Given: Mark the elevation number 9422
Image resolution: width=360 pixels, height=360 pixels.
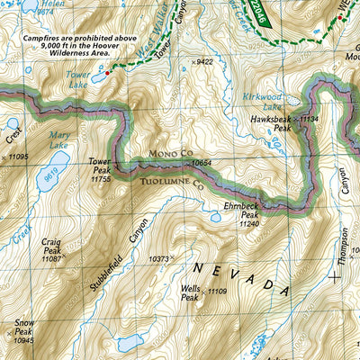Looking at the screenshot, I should [x=205, y=62].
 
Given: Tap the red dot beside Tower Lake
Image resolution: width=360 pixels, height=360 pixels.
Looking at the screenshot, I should [x=108, y=72].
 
